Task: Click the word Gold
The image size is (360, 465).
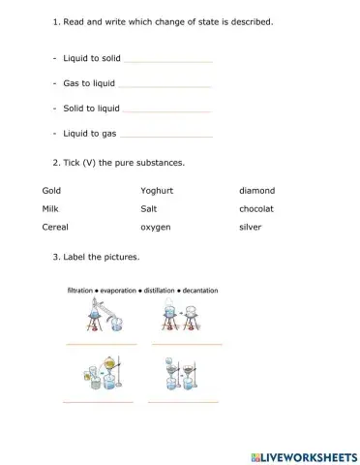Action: pos(51,191)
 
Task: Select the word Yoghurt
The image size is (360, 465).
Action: pos(160,191)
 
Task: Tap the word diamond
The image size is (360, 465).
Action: pos(256,191)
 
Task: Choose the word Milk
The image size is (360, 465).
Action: pos(50,208)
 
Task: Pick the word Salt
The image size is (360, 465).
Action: pos(149,208)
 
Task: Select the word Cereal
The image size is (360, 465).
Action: pos(55,227)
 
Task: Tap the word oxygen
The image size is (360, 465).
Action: pos(158,227)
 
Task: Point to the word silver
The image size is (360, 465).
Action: pos(251,227)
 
